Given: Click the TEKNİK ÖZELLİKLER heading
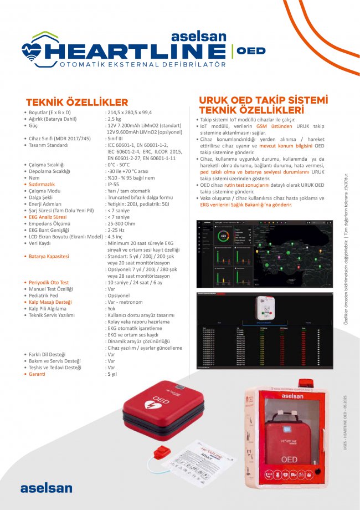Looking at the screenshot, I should pos(76,102).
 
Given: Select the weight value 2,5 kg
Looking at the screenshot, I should pos(114,119).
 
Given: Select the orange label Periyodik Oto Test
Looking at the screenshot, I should pos(49,283).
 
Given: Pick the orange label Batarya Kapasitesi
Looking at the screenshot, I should pos(49,257).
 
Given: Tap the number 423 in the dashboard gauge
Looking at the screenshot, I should pos(223,235).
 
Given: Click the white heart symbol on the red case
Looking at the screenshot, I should pos(150,405).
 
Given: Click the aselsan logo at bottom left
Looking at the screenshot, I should pos(46,488).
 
